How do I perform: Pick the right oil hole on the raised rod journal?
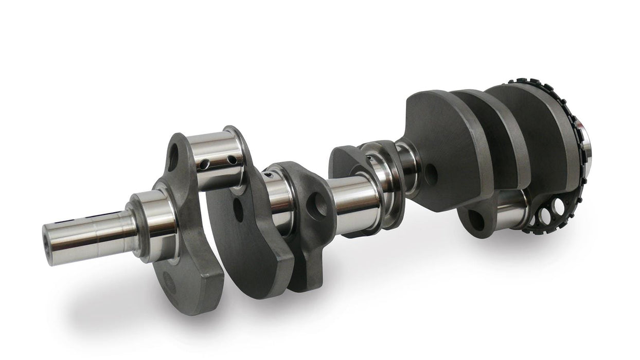232,160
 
